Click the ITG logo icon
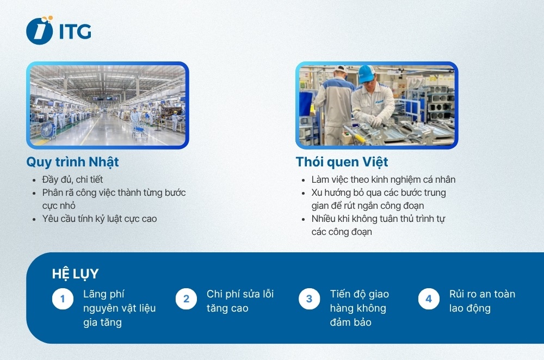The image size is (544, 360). [40, 30]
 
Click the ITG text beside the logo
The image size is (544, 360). [75, 32]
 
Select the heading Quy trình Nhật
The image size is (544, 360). [72, 162]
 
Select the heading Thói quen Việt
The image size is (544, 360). [342, 162]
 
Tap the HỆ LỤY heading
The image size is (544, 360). [75, 274]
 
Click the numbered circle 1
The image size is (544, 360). [63, 299]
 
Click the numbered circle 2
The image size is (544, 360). [186, 299]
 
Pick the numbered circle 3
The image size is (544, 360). [310, 299]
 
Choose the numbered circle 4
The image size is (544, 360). [429, 299]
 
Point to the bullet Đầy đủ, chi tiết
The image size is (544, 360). [72, 179]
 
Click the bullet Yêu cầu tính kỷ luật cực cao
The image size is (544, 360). [100, 219]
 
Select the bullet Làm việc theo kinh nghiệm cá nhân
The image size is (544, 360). [383, 179]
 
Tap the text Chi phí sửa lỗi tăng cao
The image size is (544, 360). [240, 301]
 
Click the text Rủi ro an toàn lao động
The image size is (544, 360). [482, 301]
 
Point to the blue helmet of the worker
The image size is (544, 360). [366, 73]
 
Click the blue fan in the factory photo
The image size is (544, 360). [47, 130]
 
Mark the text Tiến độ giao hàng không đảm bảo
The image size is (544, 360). [359, 308]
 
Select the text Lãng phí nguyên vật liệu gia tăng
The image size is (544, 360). [119, 308]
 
